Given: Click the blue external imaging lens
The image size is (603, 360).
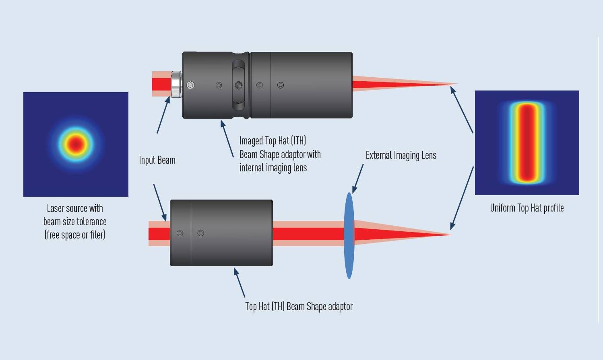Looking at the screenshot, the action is tap(349, 235).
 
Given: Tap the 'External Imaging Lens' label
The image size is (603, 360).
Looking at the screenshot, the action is tap(401, 156).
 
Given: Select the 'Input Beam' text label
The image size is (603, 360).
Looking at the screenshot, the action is tap(157, 160).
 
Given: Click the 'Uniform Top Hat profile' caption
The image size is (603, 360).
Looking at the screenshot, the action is tap(527, 208).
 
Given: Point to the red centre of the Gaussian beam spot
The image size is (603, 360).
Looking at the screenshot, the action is tap(76, 144).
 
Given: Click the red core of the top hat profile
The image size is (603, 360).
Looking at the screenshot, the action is tap(527, 143).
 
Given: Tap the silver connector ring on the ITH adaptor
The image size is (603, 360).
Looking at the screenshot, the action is tap(176, 84).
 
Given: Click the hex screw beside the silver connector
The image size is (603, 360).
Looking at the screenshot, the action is tap(190, 85).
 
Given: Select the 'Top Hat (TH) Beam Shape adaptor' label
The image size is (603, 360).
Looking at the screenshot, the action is tap(299, 307).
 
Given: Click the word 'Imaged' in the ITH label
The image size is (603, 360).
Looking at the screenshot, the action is tap(251, 140).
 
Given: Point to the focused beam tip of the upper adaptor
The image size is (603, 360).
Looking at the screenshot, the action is tap(456, 84).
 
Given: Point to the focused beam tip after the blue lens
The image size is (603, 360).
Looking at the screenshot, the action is tap(450, 235).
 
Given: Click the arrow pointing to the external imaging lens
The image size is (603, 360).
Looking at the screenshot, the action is tap(358, 179).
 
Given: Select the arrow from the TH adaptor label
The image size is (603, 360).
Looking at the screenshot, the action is tap(240, 282).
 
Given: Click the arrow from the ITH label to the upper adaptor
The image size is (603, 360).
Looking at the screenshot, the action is tap(227, 138).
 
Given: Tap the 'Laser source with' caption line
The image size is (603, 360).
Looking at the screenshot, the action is tap(75, 208).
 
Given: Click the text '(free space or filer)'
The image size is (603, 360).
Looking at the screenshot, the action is tap(75, 235).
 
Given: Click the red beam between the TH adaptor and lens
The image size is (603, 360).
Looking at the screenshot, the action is tap(308, 234).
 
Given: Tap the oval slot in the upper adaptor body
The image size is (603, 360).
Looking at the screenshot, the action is tap(239, 85).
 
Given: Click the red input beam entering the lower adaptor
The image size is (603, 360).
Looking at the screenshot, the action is tap(159, 234).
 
